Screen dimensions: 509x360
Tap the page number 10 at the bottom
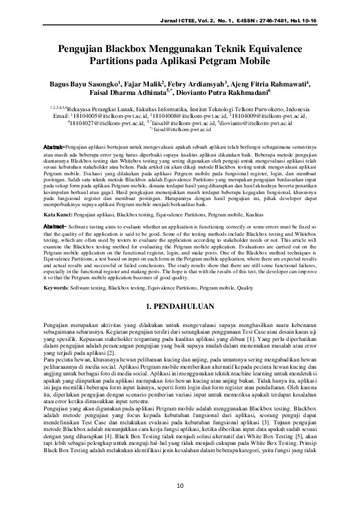(x=180, y=486)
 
